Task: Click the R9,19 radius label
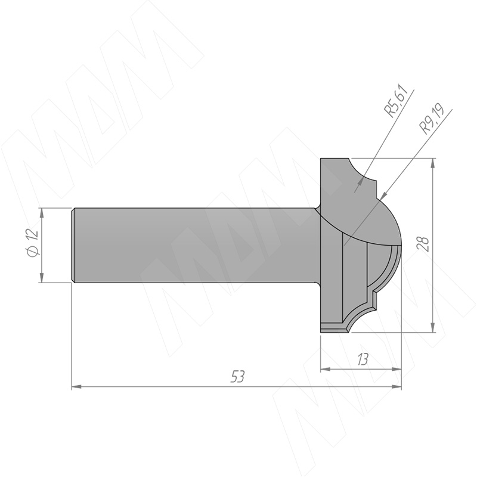click(432, 119)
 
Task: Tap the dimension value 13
click(363, 360)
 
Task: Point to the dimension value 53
click(237, 377)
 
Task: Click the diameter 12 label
click(33, 243)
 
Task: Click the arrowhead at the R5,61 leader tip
click(361, 181)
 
